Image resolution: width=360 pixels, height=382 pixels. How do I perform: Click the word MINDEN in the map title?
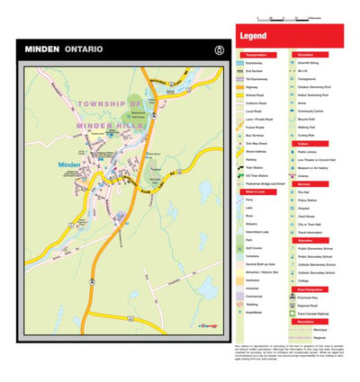pyautogui.click(x=42, y=49)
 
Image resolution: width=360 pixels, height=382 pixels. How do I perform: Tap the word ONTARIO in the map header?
pyautogui.click(x=84, y=49)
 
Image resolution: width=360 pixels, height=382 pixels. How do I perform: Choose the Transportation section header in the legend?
pyautogui.click(x=256, y=54)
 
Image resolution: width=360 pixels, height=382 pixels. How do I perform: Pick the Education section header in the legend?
pyautogui.click(x=306, y=240)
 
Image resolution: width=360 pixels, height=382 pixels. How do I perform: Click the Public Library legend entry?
pyautogui.click(x=310, y=152)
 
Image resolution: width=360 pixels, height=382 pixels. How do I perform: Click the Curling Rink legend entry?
pyautogui.click(x=310, y=133)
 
